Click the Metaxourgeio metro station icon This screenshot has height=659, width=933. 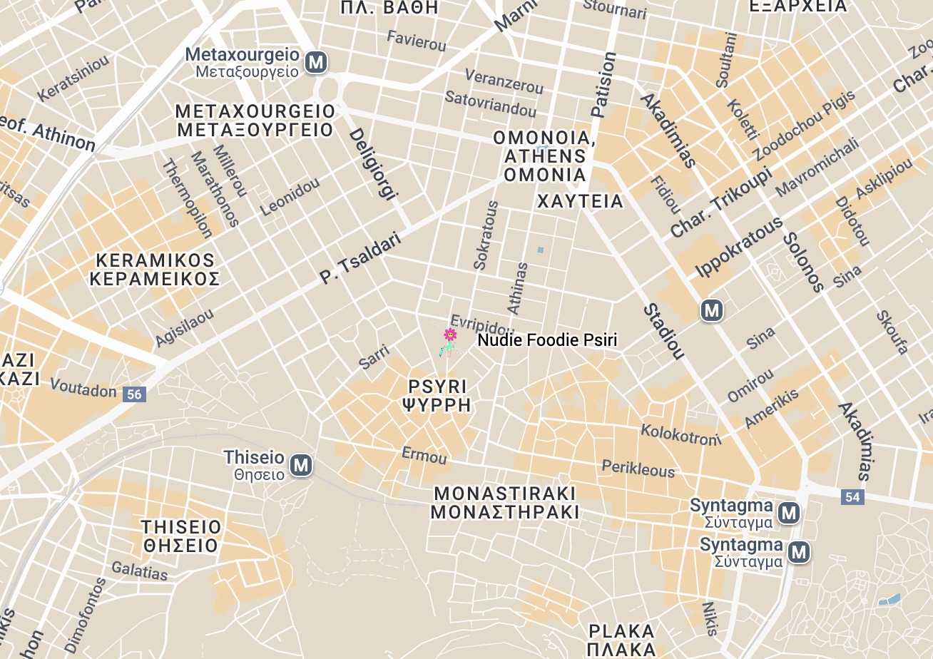point(316,63)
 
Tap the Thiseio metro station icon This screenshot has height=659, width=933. point(302,466)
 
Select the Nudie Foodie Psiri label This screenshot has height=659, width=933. point(547,341)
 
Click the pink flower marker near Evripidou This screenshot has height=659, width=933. point(450,334)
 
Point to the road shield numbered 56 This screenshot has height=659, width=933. point(134,394)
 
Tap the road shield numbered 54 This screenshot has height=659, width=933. point(852,497)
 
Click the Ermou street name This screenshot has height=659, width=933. point(424,455)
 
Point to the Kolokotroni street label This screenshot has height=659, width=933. point(680,434)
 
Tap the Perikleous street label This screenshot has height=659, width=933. point(638,469)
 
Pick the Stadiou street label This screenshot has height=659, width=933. point(664,332)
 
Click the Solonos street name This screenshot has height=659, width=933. point(803,262)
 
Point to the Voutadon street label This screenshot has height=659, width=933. point(83,390)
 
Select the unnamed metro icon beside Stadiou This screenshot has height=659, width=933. point(711,311)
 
